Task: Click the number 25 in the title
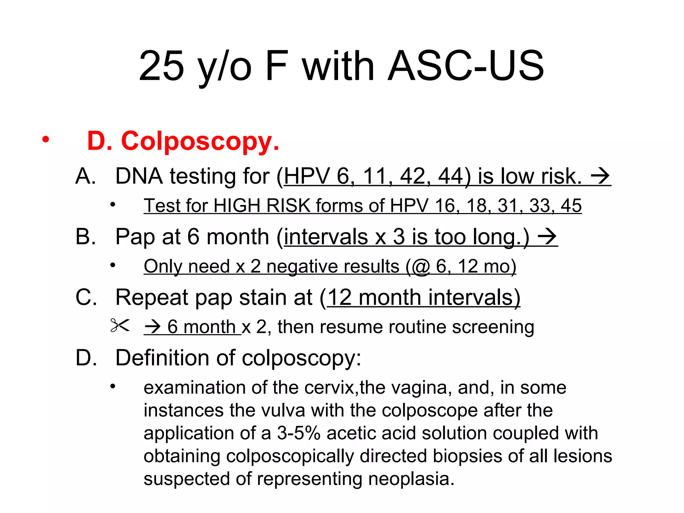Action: point(162,66)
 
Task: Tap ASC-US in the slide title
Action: point(466,66)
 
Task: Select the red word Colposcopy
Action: point(200,141)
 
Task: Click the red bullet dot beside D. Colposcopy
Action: point(45,139)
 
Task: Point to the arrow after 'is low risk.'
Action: point(600,176)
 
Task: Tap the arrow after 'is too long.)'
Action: point(547,237)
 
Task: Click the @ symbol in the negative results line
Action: point(421,267)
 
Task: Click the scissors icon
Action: point(120,326)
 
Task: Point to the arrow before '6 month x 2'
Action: point(153,327)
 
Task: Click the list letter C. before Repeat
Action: point(86,297)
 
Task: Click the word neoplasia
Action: point(411,479)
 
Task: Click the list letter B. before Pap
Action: point(85,237)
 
